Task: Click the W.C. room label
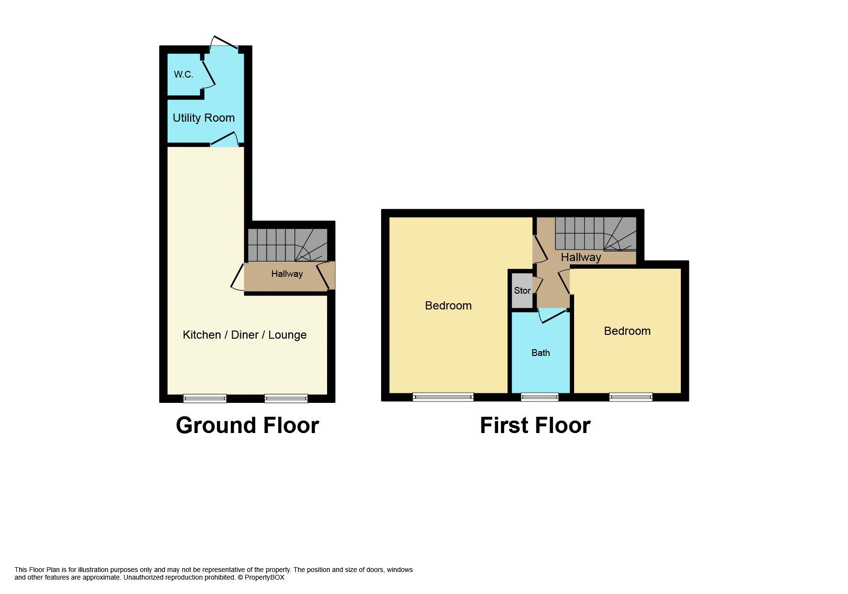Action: pos(183,75)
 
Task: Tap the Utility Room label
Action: pos(204,118)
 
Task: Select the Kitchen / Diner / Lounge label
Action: pos(245,335)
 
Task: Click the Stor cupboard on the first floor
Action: pos(522,290)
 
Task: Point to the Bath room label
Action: pos(541,353)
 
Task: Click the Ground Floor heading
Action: pos(247,425)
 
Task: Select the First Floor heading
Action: pos(535,425)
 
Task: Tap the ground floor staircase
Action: pos(286,245)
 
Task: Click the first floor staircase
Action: pos(595,234)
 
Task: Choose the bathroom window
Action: pos(540,397)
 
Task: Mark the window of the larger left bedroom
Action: pos(443,397)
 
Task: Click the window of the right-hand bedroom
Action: pos(631,397)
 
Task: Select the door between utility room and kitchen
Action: pos(225,140)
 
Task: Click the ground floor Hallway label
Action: pos(287,274)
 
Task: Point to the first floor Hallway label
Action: pos(581,258)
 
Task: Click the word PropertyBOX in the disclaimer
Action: pos(264,578)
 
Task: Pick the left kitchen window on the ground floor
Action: pos(205,398)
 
